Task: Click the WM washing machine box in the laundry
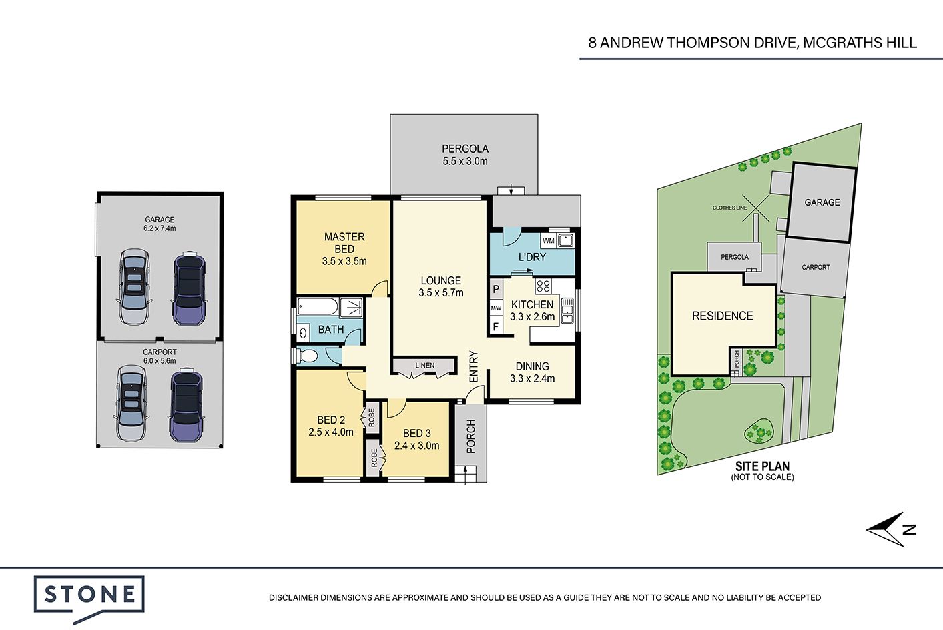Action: [x=549, y=241]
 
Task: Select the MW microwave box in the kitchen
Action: [x=496, y=308]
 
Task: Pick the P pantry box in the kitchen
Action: [x=496, y=289]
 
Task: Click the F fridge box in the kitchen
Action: [x=496, y=326]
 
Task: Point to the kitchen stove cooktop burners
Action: [x=543, y=286]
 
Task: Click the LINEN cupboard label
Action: [x=424, y=365]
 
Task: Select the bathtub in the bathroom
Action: [x=318, y=306]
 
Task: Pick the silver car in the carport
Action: [x=131, y=402]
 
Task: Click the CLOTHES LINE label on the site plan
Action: [x=729, y=208]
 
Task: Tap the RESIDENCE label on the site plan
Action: [x=722, y=316]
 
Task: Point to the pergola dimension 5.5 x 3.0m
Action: [x=464, y=161]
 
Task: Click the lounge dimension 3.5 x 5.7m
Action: [x=440, y=292]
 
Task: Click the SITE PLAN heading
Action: [x=762, y=466]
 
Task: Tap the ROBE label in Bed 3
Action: [x=374, y=458]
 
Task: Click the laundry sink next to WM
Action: [x=566, y=241]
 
